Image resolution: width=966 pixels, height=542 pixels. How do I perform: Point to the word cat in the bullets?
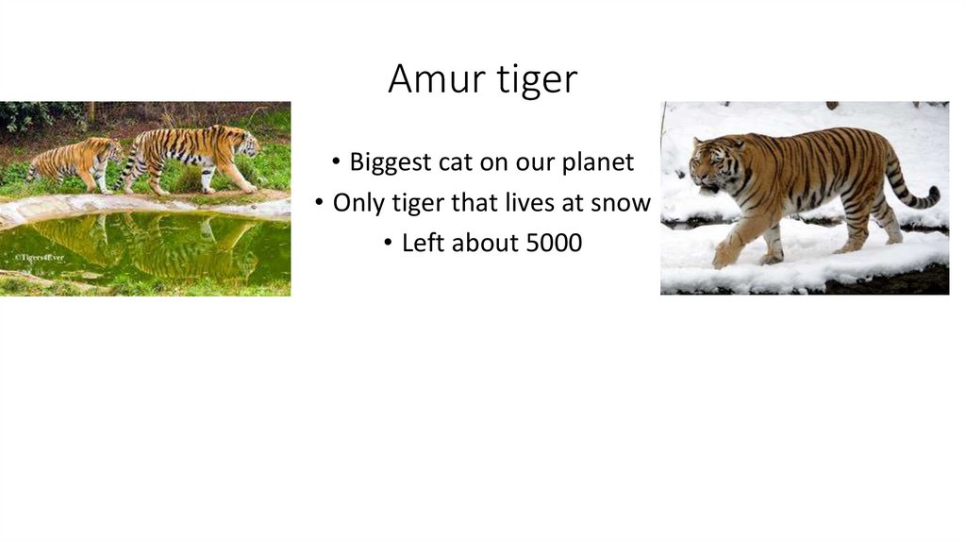pos(455,162)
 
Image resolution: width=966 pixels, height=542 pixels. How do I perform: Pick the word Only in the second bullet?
pos(355,202)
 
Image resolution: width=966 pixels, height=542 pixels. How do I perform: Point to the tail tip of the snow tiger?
pos(934,195)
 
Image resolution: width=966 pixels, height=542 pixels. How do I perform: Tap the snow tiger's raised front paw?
pos(724,255)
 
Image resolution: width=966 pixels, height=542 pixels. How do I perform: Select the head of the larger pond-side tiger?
pos(246,144)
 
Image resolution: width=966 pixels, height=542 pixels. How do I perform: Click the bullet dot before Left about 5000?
pos(389,244)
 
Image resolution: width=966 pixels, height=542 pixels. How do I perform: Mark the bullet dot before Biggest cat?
pos(336,163)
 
